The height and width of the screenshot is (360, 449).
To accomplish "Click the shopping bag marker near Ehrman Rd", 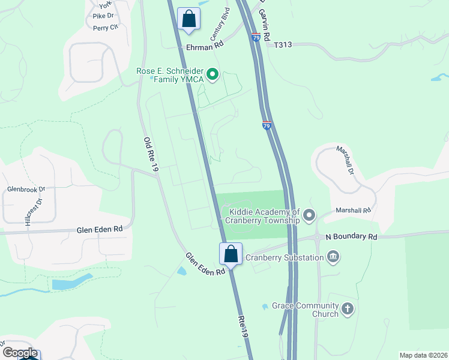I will click(x=188, y=19).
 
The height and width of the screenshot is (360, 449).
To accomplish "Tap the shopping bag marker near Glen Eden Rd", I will click(x=231, y=254).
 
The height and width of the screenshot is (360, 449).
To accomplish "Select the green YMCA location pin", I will click(x=212, y=75).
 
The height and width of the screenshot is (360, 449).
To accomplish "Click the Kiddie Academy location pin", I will click(x=309, y=215).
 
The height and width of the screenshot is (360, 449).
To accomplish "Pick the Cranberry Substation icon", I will click(x=333, y=257).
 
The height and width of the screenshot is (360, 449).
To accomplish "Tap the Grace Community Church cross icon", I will click(x=347, y=310).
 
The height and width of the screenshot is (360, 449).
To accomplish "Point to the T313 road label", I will click(x=284, y=44).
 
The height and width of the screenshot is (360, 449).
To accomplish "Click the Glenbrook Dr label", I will click(x=26, y=189).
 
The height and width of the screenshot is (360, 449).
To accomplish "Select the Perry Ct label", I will click(x=104, y=28).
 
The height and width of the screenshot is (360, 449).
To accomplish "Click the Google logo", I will click(x=19, y=353).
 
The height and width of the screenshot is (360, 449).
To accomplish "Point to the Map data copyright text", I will click(x=423, y=355).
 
